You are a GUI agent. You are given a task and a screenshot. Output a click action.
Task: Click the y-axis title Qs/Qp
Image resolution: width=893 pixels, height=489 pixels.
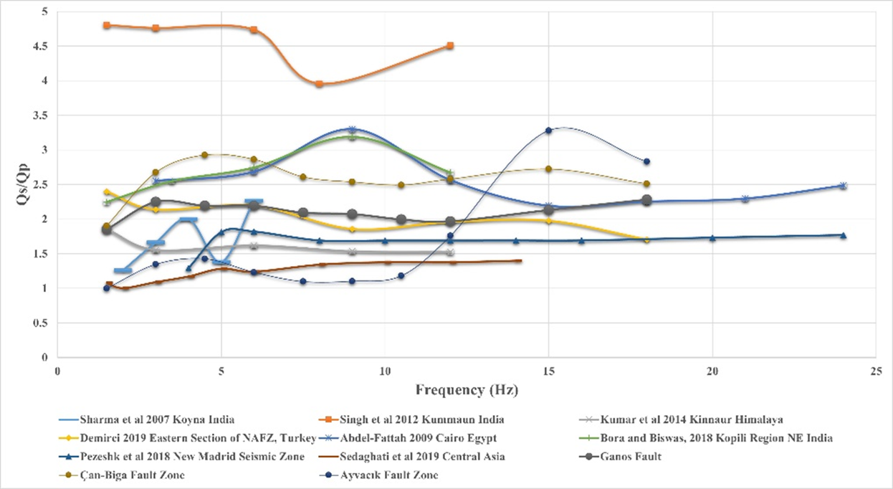(x=23, y=185)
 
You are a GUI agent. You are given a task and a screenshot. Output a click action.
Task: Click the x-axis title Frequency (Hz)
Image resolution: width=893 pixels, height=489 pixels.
(x=466, y=390)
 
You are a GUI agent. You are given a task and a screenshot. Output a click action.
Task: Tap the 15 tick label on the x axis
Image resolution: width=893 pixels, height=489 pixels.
(x=548, y=371)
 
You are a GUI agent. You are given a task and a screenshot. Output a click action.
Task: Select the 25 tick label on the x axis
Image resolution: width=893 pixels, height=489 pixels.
(x=876, y=371)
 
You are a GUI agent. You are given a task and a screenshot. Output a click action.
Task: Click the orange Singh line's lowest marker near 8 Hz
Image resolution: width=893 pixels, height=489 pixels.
(x=319, y=84)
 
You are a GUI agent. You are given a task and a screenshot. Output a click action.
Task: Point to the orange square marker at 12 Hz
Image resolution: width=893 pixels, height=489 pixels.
(x=450, y=45)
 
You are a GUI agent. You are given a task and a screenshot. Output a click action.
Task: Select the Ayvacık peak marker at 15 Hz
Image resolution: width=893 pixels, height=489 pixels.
(x=548, y=130)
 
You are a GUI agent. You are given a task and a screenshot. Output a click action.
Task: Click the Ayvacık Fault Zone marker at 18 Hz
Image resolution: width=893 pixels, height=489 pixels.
(x=646, y=161)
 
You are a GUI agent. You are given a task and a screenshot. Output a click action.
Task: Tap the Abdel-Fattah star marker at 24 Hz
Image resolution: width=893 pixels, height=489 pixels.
(x=843, y=186)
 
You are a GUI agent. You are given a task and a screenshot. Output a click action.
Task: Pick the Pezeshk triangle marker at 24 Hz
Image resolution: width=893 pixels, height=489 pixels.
(x=843, y=235)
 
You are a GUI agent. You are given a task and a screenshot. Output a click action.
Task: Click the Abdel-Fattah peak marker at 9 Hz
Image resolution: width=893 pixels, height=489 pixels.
(x=352, y=130)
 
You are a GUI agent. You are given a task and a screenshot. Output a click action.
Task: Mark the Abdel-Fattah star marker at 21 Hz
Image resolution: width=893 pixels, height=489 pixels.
(x=745, y=199)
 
